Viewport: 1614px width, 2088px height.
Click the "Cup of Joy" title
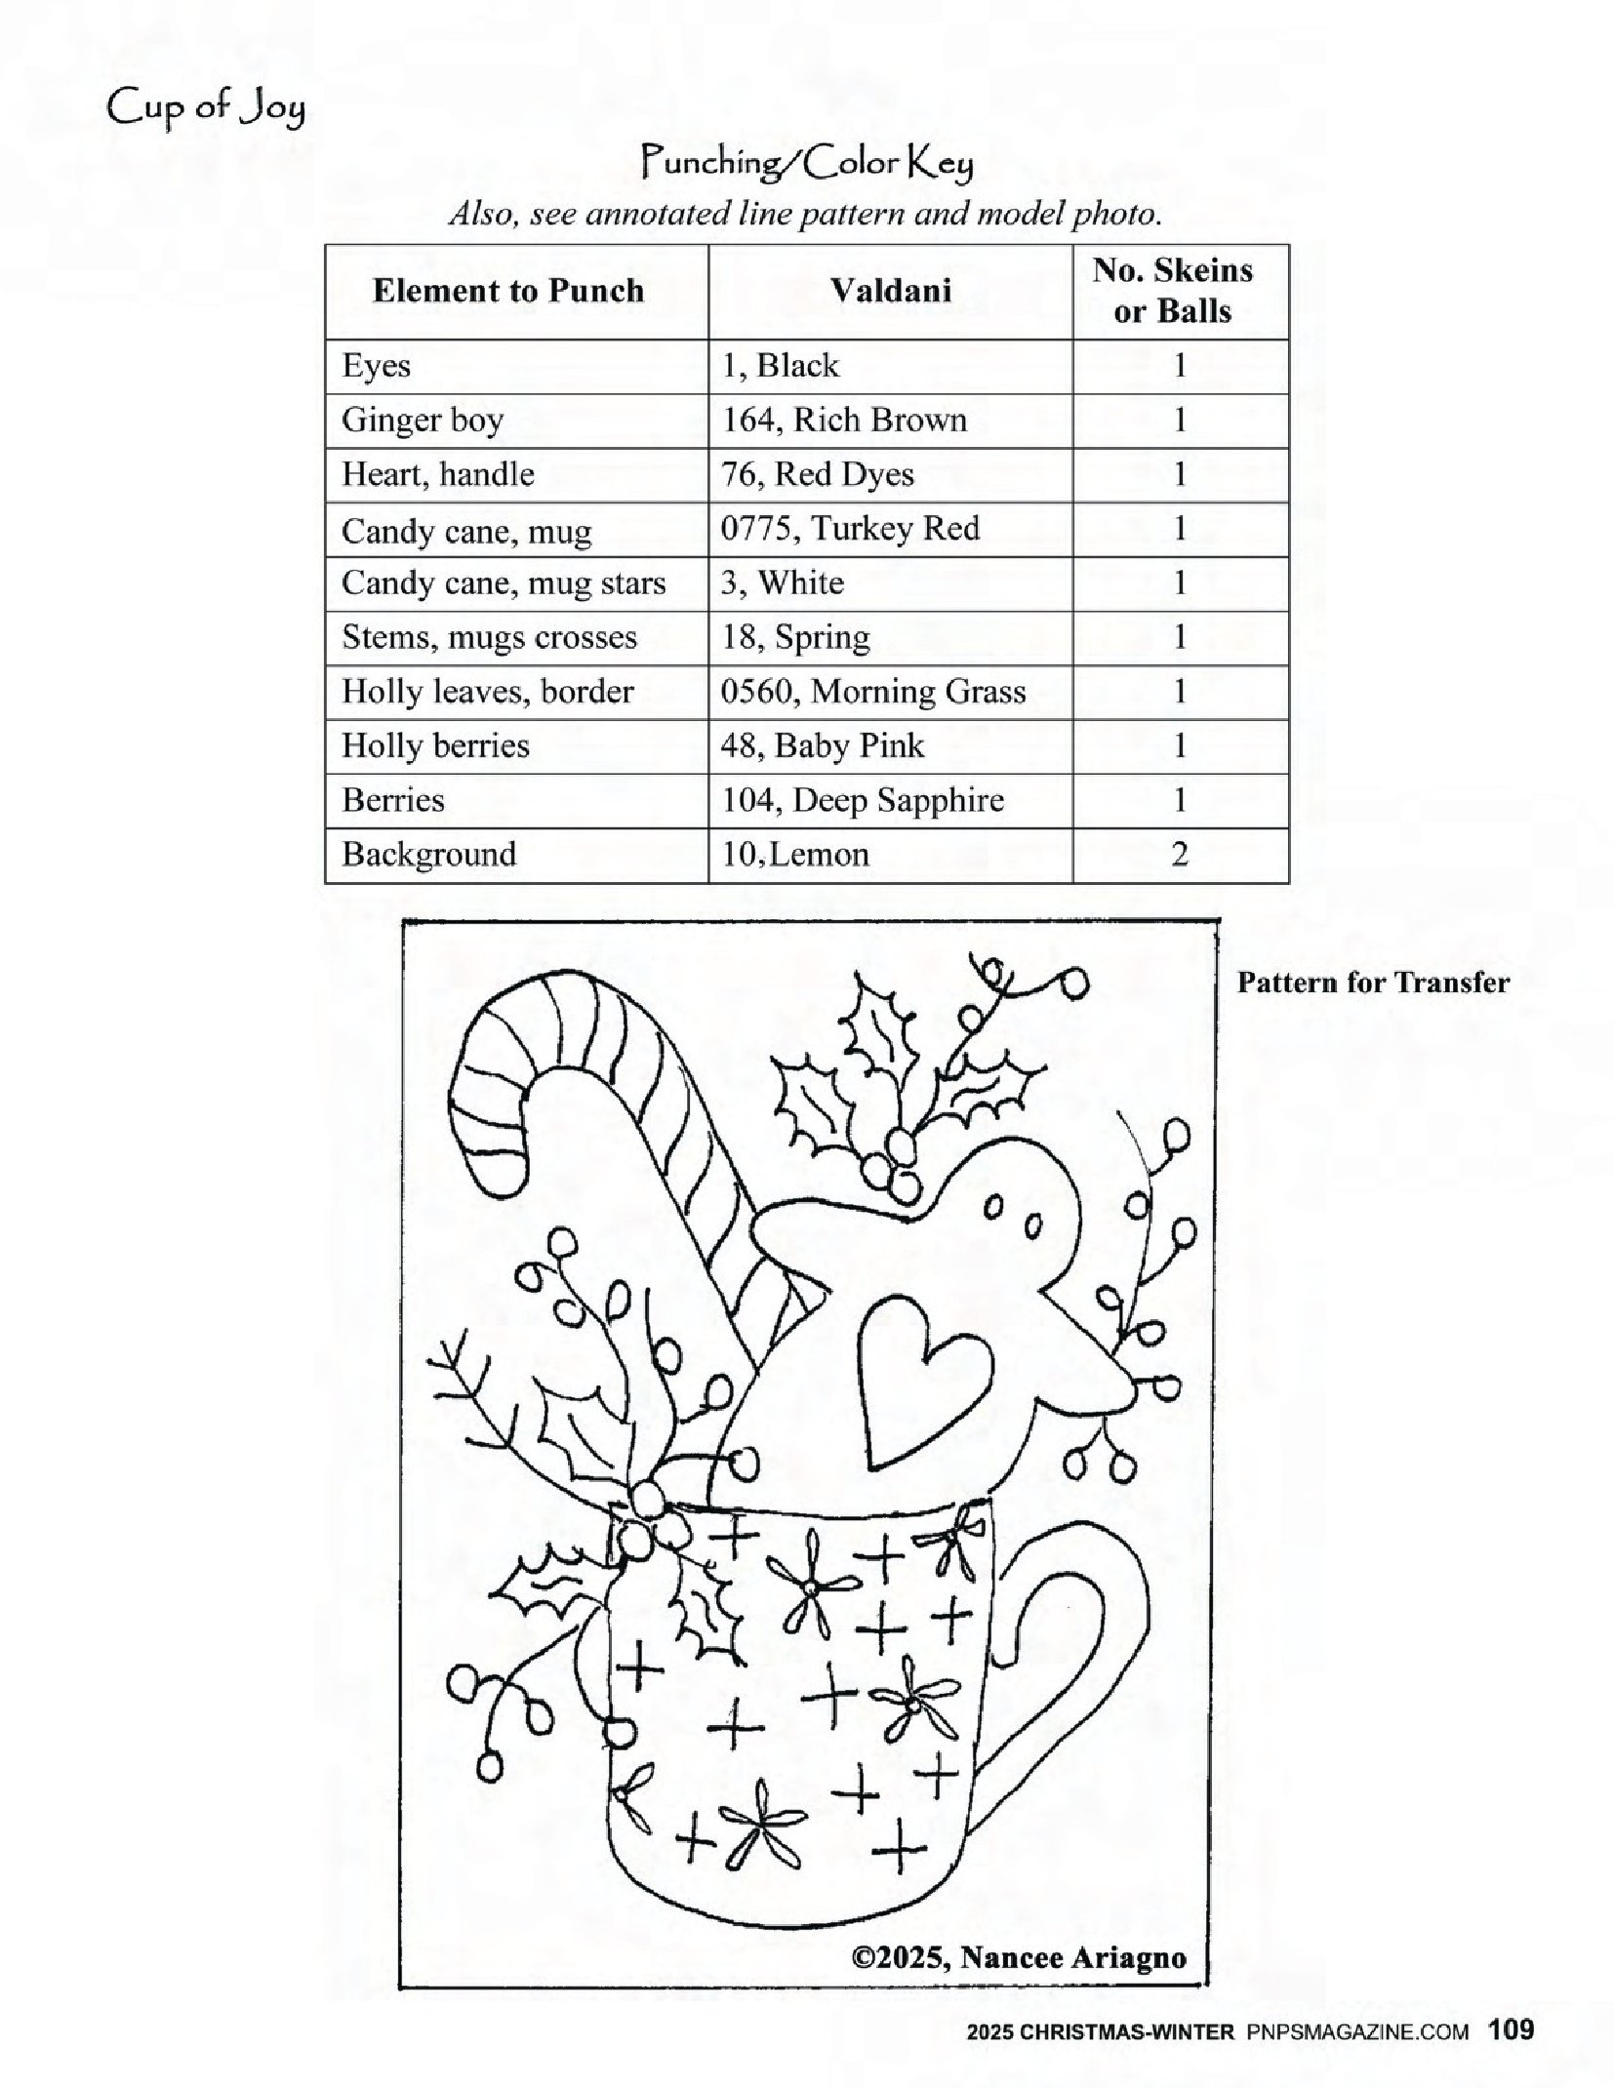point(206,108)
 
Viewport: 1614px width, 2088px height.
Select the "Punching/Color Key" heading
point(806,164)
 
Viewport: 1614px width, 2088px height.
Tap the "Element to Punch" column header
point(508,291)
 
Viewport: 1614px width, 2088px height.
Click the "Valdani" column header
point(890,291)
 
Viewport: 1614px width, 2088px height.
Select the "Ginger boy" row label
point(423,421)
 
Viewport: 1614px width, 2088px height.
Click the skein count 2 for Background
point(1179,855)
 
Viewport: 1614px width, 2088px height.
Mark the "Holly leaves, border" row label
point(487,692)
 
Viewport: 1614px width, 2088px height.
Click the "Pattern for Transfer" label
point(1372,983)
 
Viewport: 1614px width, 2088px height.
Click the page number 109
point(1511,2030)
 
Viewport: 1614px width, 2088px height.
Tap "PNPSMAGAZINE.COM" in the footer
point(1357,2032)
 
